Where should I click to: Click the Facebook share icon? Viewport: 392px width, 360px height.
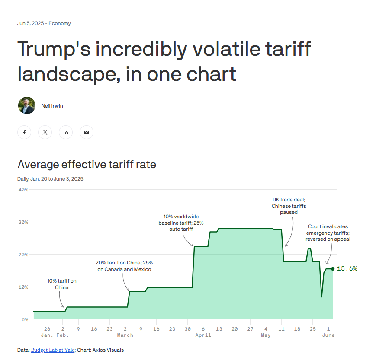click(x=24, y=132)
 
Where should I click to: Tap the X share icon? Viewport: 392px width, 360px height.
click(x=45, y=132)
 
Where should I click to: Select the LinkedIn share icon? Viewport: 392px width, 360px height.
click(x=66, y=132)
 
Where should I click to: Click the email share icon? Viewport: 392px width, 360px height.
click(x=87, y=132)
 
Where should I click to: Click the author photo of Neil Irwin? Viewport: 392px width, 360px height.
click(x=27, y=105)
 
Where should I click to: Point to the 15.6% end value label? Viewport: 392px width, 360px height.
click(x=347, y=269)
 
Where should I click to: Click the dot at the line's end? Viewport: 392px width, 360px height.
click(x=333, y=269)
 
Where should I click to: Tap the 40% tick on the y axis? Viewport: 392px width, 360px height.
click(x=23, y=190)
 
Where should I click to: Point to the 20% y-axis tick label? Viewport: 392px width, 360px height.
click(x=23, y=255)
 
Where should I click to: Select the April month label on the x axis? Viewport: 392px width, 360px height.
click(x=203, y=335)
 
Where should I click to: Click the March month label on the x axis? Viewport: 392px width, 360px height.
click(x=125, y=335)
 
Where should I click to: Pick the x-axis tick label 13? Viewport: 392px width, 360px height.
click(x=219, y=329)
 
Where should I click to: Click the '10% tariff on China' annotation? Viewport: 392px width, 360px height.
click(x=62, y=284)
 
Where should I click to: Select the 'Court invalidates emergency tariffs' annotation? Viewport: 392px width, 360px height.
click(x=328, y=233)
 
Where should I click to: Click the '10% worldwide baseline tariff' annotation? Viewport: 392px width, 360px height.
click(x=181, y=223)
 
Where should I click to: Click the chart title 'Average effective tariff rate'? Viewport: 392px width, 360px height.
click(x=87, y=164)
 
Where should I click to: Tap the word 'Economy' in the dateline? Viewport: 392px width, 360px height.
click(x=60, y=23)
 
